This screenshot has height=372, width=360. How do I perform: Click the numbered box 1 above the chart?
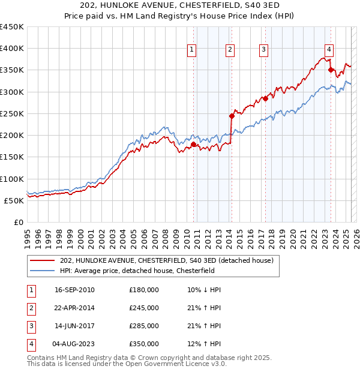pyautogui.click(x=191, y=50)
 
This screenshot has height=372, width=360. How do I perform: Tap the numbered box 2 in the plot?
pyautogui.click(x=230, y=50)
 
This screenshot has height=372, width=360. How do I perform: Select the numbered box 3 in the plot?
pyautogui.click(x=263, y=50)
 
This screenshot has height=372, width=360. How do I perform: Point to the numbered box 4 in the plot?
pyautogui.click(x=329, y=50)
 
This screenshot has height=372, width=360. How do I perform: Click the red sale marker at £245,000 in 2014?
pyautogui.click(x=232, y=116)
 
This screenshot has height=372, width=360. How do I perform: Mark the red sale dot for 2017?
pyautogui.click(x=265, y=98)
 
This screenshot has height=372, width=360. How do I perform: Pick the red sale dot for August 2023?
pyautogui.click(x=331, y=70)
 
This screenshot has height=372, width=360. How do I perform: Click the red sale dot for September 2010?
pyautogui.click(x=194, y=144)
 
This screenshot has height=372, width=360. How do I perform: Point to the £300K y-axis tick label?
pyautogui.click(x=11, y=92)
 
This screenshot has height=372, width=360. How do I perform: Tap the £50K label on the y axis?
pyautogui.click(x=14, y=200)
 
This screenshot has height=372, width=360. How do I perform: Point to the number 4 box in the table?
pyautogui.click(x=31, y=344)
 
